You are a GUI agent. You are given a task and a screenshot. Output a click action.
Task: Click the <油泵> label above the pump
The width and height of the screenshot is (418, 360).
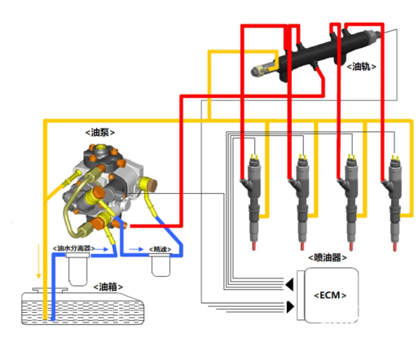(x=100, y=133)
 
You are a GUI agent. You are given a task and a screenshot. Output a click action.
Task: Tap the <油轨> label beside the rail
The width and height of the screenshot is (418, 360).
(x=361, y=67)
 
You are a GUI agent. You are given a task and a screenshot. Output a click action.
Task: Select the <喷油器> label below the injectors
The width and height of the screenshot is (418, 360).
(x=328, y=257)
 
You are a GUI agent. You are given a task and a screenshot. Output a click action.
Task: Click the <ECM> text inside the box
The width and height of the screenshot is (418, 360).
(x=330, y=295)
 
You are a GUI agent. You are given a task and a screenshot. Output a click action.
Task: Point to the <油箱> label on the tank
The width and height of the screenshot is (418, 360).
(x=108, y=287)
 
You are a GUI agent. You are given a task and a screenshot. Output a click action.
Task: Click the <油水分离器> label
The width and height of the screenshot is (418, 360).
(x=73, y=248)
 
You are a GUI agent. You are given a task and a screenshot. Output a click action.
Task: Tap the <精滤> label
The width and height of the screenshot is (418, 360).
(x=161, y=249)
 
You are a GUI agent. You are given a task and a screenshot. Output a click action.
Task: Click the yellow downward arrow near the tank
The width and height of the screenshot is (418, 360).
(x=38, y=261)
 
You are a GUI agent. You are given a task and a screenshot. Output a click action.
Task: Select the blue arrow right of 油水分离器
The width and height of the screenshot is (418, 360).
(x=102, y=249)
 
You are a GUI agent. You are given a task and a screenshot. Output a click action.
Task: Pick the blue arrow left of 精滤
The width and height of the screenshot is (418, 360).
(x=136, y=249)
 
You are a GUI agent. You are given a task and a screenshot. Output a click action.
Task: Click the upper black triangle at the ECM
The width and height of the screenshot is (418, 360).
(x=289, y=284)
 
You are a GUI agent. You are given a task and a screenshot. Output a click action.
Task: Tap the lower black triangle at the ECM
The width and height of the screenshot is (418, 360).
(x=291, y=307)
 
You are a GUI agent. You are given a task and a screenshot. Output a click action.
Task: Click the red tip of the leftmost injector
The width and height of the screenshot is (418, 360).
(x=254, y=246)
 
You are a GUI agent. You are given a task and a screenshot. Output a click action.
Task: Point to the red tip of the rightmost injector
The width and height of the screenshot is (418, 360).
(x=394, y=247)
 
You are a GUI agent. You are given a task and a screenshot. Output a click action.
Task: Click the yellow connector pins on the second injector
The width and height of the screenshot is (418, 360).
(x=302, y=157)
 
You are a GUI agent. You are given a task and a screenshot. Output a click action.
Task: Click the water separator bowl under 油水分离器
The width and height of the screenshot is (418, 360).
(x=77, y=270)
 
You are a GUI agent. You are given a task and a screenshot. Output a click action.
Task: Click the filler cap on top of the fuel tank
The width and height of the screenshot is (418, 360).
(x=51, y=290)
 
